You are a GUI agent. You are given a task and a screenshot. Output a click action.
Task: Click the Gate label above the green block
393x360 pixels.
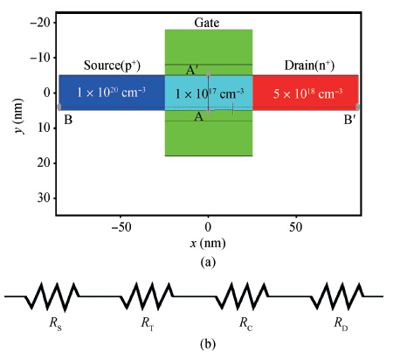(x=207, y=23)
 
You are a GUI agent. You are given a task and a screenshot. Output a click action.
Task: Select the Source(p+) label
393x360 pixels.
(x=112, y=66)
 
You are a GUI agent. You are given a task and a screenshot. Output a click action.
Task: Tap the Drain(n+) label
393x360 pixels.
(x=309, y=66)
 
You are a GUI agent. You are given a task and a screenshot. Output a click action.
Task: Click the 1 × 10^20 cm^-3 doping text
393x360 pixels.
(x=111, y=93)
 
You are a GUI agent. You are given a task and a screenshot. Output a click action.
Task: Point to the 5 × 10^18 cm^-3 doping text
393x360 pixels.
(x=307, y=93)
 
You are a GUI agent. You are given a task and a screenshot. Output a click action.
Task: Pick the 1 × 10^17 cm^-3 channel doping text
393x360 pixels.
(x=210, y=93)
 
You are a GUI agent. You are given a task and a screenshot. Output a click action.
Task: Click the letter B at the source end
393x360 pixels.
(x=68, y=120)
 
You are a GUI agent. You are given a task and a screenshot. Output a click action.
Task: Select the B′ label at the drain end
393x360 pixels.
(x=350, y=120)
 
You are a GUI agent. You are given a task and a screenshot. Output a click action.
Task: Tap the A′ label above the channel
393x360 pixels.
(x=192, y=70)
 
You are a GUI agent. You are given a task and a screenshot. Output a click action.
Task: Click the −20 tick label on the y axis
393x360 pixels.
(x=39, y=23)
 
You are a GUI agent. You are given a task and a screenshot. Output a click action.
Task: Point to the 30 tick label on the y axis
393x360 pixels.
(x=44, y=198)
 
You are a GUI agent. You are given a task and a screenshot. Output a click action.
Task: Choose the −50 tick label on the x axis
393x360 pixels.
(x=121, y=227)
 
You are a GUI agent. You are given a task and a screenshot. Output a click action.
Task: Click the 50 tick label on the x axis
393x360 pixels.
(x=296, y=227)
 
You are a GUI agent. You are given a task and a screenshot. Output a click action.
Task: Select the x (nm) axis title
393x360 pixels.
(x=208, y=243)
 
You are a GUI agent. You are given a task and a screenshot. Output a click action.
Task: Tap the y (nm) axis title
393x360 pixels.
(x=19, y=116)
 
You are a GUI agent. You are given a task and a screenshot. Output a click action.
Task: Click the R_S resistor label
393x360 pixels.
(x=55, y=323)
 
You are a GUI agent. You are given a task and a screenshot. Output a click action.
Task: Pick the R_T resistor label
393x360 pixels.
(x=148, y=323)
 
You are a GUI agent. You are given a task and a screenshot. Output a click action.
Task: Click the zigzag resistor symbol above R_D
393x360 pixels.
(x=338, y=296)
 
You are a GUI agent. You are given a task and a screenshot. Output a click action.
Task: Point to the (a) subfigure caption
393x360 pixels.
(x=208, y=262)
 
